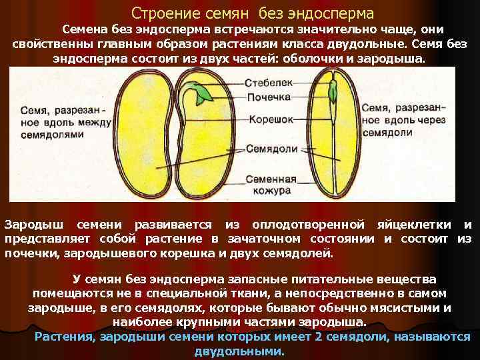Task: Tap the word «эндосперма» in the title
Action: click(x=336, y=13)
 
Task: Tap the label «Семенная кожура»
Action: click(x=271, y=185)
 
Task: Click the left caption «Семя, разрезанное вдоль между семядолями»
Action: click(x=47, y=120)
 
